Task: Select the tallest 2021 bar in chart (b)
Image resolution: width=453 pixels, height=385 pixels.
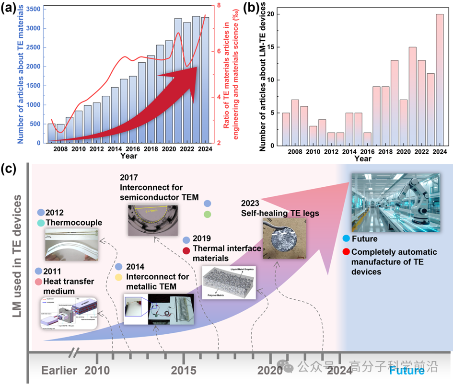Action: (x=412, y=96)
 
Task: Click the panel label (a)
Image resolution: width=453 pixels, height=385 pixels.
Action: (x=10, y=8)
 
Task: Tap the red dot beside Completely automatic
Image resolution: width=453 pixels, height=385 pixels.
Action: (x=346, y=252)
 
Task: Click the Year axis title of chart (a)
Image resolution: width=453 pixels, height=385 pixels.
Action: (x=129, y=156)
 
